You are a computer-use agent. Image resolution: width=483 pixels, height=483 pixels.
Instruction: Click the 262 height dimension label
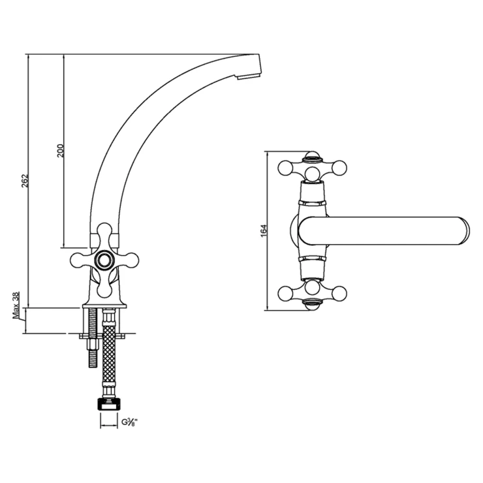(25, 181)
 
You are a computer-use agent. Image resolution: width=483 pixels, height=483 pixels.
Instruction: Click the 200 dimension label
(60, 151)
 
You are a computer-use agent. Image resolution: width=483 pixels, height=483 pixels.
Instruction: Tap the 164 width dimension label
(264, 230)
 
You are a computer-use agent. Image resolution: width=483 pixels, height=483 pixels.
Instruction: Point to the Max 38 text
(16, 305)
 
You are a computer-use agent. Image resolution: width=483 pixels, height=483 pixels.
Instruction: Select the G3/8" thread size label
(129, 422)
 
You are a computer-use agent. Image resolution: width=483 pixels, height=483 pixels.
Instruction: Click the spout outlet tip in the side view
(249, 76)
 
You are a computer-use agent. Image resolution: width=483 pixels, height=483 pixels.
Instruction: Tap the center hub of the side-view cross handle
(104, 260)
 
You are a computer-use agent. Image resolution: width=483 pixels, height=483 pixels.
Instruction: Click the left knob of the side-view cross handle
(78, 260)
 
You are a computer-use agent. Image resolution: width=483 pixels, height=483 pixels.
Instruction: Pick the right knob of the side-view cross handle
(131, 260)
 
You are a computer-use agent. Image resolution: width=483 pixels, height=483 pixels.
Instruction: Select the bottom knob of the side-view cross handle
(104, 289)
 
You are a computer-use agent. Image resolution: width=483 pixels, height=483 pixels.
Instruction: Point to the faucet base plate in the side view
(104, 306)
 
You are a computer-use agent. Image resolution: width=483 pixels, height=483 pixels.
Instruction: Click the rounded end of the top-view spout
(463, 231)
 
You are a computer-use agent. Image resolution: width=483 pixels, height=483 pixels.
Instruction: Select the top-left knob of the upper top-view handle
(285, 168)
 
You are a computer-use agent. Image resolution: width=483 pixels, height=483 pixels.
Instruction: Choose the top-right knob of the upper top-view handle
(339, 168)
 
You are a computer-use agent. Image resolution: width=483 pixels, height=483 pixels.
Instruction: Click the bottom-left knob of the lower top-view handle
(285, 294)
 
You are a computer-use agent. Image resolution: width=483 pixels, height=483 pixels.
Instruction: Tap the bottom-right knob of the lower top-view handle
(339, 294)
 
